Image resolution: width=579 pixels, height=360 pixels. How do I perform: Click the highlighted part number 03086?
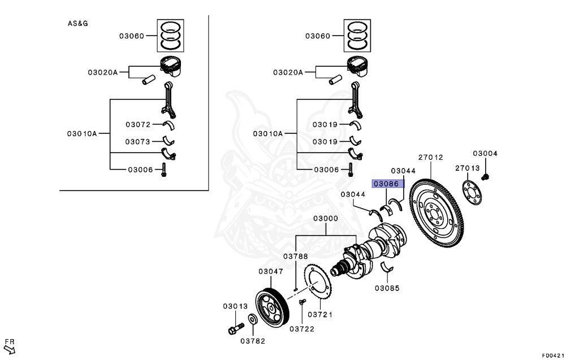(386, 184)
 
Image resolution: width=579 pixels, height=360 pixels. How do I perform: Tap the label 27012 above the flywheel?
(430, 157)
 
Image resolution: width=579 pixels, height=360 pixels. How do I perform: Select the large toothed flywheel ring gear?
(437, 214)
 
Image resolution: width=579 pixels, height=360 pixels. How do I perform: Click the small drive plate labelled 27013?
(472, 192)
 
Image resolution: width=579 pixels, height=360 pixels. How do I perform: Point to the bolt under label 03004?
(485, 177)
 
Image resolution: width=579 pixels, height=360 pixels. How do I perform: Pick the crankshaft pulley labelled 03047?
(273, 308)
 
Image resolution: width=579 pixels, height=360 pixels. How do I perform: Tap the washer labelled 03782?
(253, 319)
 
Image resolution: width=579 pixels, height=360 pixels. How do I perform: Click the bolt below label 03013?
(236, 328)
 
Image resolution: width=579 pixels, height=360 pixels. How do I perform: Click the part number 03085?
(387, 288)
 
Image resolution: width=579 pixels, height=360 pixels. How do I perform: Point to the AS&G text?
(77, 23)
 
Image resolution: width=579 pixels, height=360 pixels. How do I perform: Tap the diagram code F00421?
(553, 355)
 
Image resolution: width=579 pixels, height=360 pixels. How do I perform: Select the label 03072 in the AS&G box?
(138, 124)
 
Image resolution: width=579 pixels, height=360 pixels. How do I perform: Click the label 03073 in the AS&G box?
(138, 142)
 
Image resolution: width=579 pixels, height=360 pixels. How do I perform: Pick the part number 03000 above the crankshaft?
(325, 218)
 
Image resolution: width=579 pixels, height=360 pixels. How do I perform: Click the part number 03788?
(295, 256)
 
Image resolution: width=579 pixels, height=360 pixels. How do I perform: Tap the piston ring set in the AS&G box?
(171, 36)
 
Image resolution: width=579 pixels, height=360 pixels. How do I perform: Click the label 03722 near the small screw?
(302, 329)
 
